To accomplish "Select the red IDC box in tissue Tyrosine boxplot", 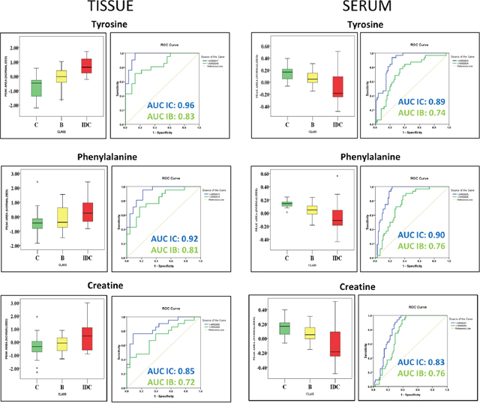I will tap(86, 65).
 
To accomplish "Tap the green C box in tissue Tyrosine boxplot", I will tap(36, 88).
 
